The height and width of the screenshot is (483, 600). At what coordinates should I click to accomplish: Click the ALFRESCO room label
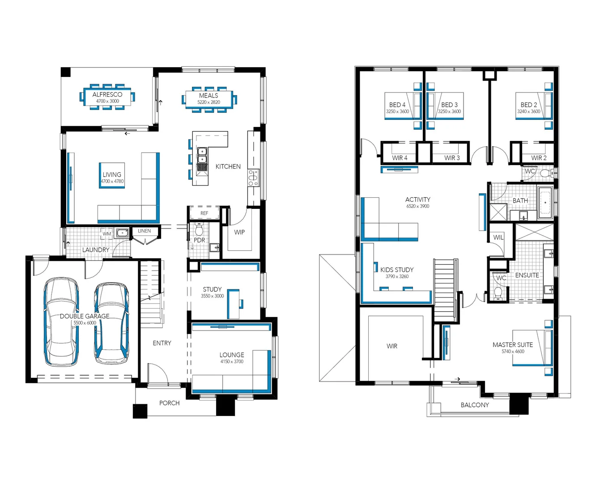click(x=107, y=94)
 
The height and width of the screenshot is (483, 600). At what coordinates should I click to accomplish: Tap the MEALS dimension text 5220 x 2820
click(x=209, y=102)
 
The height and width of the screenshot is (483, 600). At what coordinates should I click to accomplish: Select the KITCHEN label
click(x=228, y=166)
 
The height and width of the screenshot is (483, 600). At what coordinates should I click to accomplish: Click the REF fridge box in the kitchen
click(x=204, y=213)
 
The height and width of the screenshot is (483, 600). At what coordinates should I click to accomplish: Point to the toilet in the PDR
click(x=199, y=230)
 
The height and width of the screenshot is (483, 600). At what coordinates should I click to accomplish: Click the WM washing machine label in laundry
click(x=106, y=233)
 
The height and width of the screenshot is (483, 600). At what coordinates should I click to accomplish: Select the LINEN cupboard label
click(x=144, y=231)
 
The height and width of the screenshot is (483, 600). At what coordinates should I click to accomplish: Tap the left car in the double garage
click(x=62, y=322)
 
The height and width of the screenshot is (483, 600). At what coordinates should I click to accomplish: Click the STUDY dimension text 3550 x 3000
click(x=212, y=296)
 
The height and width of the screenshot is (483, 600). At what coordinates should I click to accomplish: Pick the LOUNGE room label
click(x=231, y=355)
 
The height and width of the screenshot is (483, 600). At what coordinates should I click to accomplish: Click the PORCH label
click(x=169, y=403)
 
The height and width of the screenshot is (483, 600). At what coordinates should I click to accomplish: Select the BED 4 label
click(x=397, y=105)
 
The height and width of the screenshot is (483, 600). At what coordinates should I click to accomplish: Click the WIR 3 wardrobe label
click(x=451, y=158)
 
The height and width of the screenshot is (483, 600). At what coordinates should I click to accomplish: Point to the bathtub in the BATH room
click(x=545, y=203)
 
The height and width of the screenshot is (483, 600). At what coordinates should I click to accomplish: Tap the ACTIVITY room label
click(x=417, y=199)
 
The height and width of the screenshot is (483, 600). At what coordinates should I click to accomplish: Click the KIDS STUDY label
click(x=396, y=270)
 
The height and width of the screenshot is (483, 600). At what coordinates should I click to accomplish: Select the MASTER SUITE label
click(x=512, y=345)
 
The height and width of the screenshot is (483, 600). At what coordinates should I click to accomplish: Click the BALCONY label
click(x=474, y=405)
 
